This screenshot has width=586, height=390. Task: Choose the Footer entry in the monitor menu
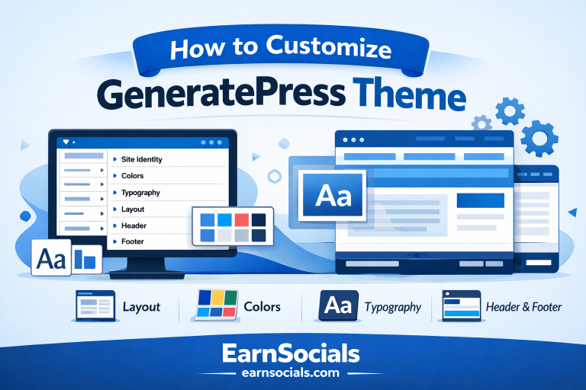[133, 241]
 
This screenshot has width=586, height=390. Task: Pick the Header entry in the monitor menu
[134, 225]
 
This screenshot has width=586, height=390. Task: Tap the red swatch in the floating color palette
[241, 220]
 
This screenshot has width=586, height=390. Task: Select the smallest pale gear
[481, 122]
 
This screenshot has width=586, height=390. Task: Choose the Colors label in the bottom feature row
[262, 307]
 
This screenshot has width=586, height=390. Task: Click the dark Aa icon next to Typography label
[337, 306]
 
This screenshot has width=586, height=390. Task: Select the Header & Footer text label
[523, 307]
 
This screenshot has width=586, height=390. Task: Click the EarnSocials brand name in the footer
[292, 353]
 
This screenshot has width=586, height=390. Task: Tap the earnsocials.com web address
[292, 373]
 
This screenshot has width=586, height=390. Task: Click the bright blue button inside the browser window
[480, 200]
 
